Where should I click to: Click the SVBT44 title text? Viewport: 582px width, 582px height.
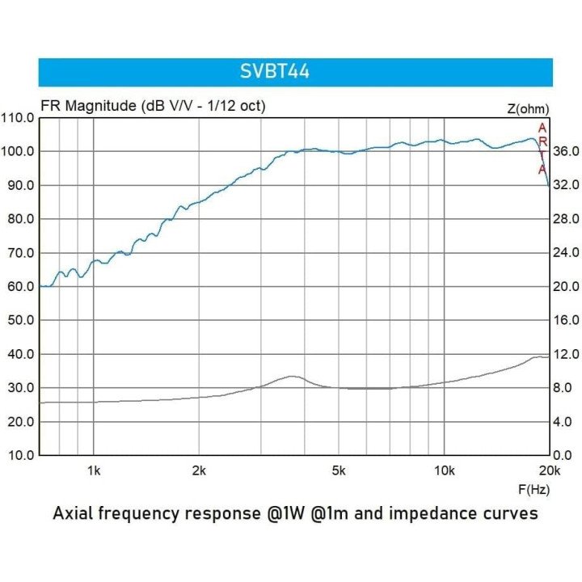[274, 72]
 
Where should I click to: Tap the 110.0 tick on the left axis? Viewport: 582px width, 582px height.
[18, 118]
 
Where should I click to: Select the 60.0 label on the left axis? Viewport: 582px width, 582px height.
[19, 286]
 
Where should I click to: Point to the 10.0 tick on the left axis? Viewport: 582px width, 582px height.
[19, 455]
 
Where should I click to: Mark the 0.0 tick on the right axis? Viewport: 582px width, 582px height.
[563, 455]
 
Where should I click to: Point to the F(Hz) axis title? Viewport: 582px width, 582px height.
[533, 489]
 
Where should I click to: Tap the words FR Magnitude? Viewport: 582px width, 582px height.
[88, 106]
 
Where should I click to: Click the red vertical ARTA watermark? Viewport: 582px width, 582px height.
[542, 149]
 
